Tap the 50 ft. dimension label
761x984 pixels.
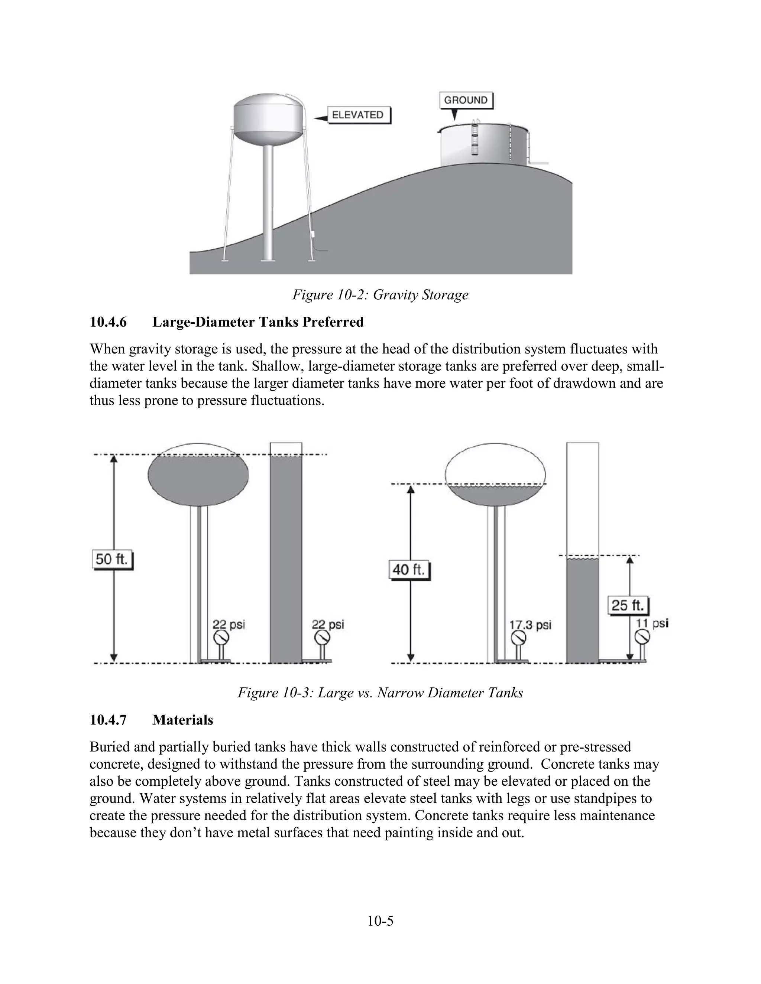tap(112, 560)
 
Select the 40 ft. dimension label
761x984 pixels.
tap(408, 570)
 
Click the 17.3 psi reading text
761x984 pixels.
tap(530, 625)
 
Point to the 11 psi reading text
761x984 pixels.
tap(652, 623)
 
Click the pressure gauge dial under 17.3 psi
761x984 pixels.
tap(518, 638)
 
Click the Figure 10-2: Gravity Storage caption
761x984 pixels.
tap(380, 295)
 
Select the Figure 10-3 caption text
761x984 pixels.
tap(380, 692)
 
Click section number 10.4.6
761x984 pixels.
tap(108, 322)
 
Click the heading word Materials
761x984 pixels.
tap(182, 720)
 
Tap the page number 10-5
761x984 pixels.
tap(380, 921)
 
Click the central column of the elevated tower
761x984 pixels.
tap(267, 203)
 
